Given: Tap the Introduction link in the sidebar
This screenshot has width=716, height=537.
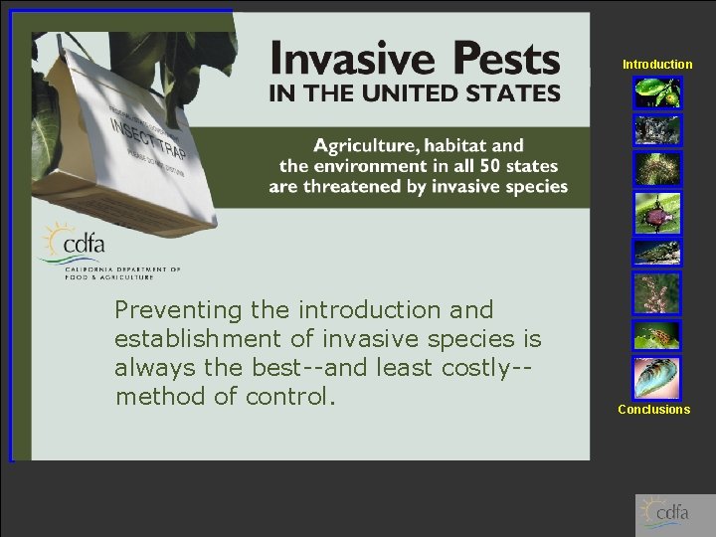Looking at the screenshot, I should click(657, 65).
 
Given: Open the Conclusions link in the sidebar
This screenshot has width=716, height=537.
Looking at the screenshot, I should click(653, 410).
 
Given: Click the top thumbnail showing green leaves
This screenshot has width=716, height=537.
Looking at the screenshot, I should click(657, 92).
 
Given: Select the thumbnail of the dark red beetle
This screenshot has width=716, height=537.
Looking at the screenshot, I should click(657, 212).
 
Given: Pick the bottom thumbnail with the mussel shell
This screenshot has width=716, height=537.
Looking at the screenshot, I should click(657, 378).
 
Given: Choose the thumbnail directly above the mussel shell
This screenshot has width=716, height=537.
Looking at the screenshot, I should click(657, 336).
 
